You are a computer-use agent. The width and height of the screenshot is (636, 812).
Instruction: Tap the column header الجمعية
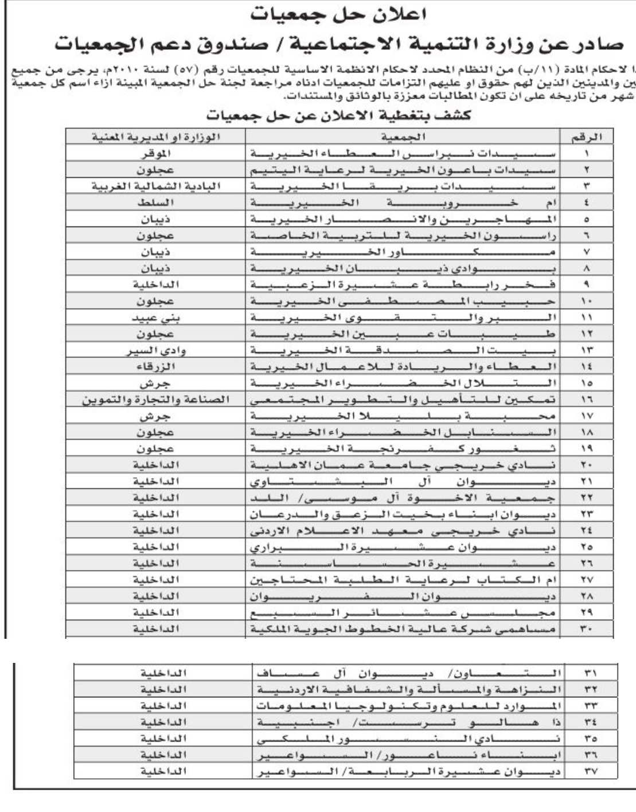point(404,138)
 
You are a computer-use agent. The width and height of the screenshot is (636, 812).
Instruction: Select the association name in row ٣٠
point(404,629)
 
